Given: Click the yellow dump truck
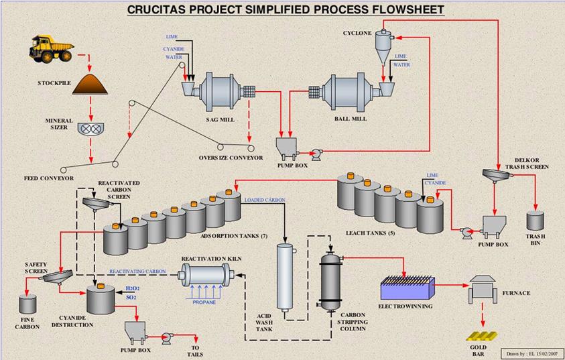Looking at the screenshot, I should (51, 48).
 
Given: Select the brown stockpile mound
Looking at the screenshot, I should (92, 84).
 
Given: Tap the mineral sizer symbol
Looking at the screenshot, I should (92, 129).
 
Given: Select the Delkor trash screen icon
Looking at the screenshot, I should (497, 176).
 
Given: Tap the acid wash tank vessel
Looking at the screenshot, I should (286, 276).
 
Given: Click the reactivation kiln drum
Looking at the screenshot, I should (204, 275).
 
